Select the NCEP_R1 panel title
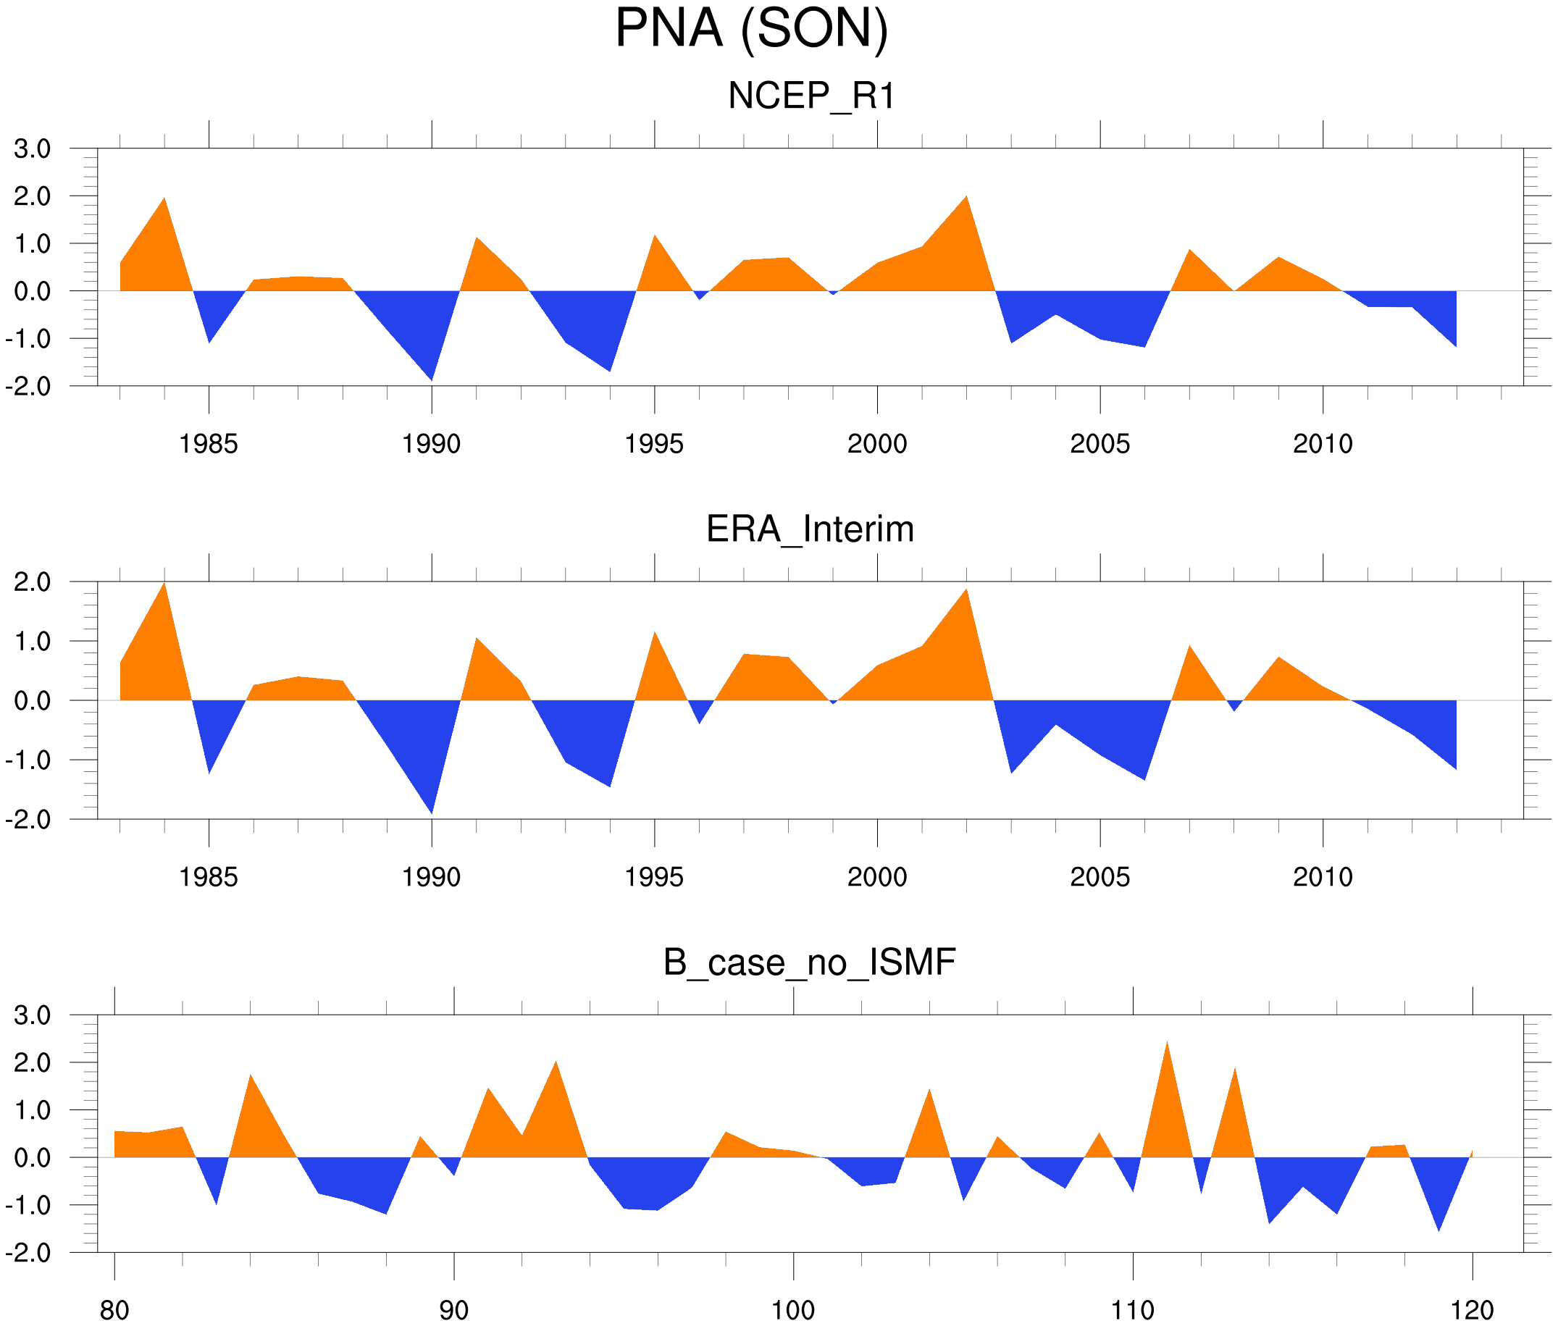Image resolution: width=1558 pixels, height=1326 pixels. (x=811, y=96)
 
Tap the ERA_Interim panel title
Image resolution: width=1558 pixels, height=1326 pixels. (x=810, y=529)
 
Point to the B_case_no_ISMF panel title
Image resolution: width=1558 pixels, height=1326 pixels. (x=809, y=962)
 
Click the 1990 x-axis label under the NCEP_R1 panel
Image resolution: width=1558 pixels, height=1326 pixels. (x=431, y=444)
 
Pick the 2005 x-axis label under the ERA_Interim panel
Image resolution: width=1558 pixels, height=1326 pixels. (x=1100, y=877)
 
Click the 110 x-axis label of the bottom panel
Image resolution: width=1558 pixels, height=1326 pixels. (x=1132, y=1311)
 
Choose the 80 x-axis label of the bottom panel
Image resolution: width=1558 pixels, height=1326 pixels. (x=114, y=1311)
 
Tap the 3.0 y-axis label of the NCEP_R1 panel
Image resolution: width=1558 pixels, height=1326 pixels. (x=33, y=149)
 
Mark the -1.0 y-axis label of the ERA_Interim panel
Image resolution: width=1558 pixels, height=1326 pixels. (x=28, y=760)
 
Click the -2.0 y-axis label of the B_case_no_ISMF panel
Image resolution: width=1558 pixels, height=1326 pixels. (x=28, y=1253)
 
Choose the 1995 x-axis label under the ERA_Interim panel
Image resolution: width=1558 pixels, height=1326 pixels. (x=653, y=877)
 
